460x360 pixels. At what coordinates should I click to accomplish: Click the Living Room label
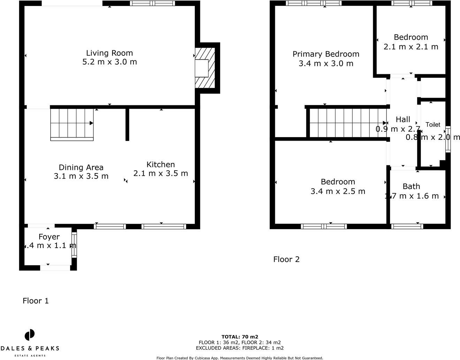[109, 53]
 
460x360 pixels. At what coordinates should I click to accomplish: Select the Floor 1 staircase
[72, 124]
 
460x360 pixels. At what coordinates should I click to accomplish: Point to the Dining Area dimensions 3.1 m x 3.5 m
[81, 176]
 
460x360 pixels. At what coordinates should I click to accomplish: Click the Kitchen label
[160, 164]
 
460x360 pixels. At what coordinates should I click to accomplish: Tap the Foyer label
[49, 237]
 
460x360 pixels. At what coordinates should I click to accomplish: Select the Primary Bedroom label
[326, 54]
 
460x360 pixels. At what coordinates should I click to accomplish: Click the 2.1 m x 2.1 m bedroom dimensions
[411, 46]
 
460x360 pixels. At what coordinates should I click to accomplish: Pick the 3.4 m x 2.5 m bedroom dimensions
[338, 191]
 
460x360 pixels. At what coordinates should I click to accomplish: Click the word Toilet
[433, 125]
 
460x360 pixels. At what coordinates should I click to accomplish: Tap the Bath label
[411, 186]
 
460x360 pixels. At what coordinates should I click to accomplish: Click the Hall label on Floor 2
[403, 119]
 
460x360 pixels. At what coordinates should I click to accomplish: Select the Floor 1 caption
[36, 301]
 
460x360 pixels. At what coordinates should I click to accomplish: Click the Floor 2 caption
[286, 259]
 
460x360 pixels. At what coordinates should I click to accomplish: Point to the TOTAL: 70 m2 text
[240, 337]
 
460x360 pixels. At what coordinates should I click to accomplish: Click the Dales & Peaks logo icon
[30, 335]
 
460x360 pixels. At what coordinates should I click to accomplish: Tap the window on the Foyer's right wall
[74, 245]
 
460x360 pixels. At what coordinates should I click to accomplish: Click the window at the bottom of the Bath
[407, 226]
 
